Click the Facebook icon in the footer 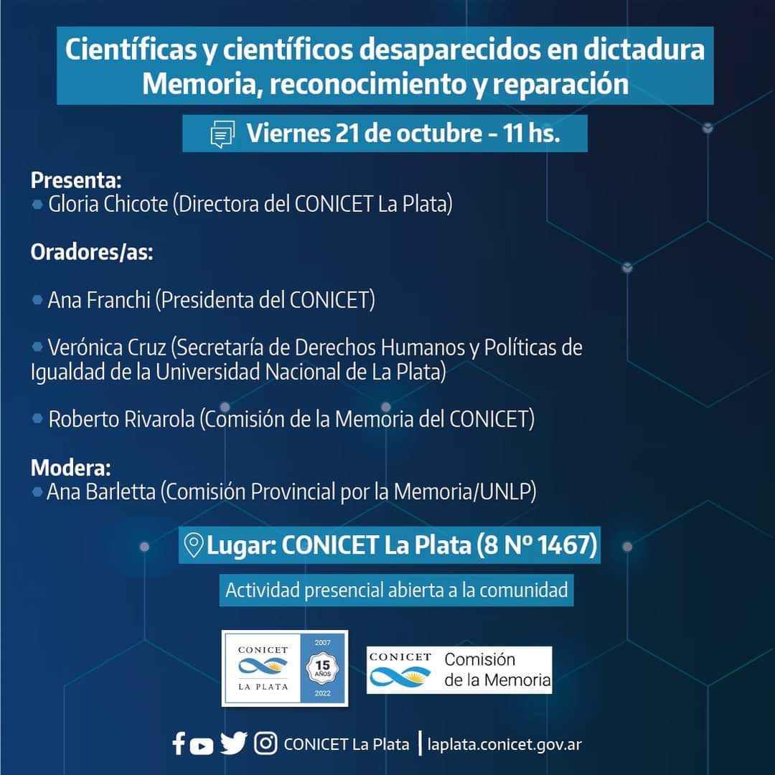click(179, 743)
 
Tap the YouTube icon click(201, 746)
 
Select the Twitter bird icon click(233, 743)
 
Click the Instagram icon click(266, 743)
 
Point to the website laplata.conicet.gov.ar click(504, 744)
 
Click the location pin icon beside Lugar click(193, 545)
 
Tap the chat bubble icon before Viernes click(222, 134)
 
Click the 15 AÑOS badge click(323, 668)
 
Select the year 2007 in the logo click(323, 642)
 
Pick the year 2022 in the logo click(323, 693)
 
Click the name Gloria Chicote click(108, 204)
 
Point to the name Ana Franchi click(99, 300)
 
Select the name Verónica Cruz click(107, 347)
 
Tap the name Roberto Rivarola click(121, 419)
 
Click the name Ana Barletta click(101, 491)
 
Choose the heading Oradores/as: click(92, 252)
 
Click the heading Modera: click(70, 468)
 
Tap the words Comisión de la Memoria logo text click(497, 669)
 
